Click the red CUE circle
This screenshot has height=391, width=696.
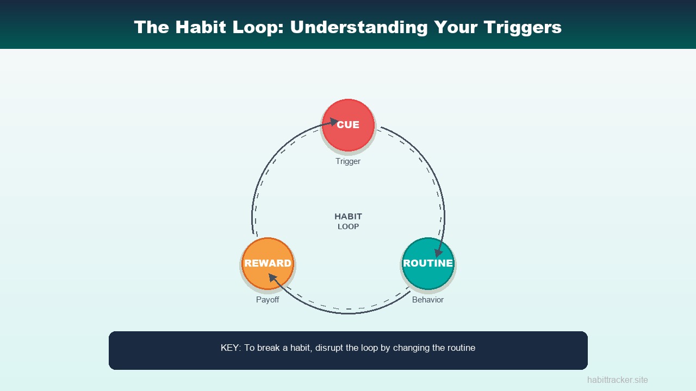[348, 125]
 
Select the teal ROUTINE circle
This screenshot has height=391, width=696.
[428, 263]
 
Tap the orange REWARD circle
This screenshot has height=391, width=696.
[268, 263]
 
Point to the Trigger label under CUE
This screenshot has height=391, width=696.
[348, 161]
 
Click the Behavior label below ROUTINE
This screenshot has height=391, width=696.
[428, 300]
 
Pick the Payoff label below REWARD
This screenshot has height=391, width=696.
[268, 300]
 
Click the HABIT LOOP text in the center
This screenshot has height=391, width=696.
[348, 221]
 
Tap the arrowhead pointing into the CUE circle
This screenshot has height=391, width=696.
[334, 123]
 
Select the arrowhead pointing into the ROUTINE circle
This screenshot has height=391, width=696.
[438, 253]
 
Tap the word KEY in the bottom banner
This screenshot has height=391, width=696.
[229, 348]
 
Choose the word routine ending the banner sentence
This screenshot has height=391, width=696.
[460, 348]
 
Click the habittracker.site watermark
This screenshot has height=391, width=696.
[617, 380]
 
